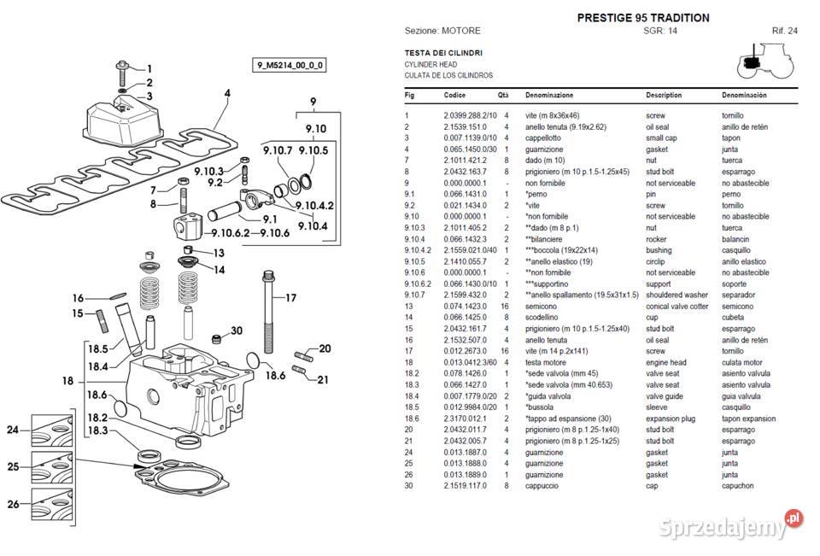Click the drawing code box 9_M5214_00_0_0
coord(290,66)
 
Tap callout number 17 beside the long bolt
coord(290,298)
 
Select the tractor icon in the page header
coord(765,61)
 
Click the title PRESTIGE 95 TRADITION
coord(643,18)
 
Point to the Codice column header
coord(454,95)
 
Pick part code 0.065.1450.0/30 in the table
coord(470,149)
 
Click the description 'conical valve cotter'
coord(676,307)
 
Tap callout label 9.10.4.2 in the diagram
coord(314,206)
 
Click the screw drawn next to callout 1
coord(122,73)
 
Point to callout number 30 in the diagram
coord(237,331)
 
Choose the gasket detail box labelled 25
coord(52,467)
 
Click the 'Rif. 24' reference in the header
coord(784,31)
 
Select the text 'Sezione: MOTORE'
coord(442,31)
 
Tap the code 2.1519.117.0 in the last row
coord(465,486)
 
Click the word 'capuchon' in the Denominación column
coord(737,486)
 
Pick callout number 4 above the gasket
coord(227,94)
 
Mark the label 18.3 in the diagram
coord(97,430)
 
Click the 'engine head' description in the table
coord(665,362)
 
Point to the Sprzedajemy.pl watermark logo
coord(730,524)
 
